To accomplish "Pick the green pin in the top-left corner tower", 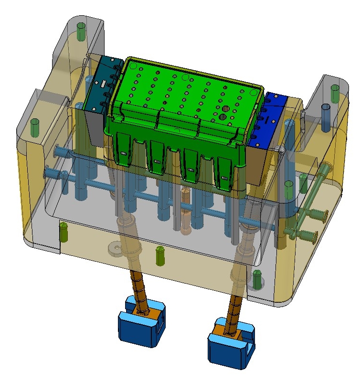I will pos(81,31).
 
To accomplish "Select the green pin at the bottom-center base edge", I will pos(160,255).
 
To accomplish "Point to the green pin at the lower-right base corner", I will pos(257,280).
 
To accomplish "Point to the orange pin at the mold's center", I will pos(185,210).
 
